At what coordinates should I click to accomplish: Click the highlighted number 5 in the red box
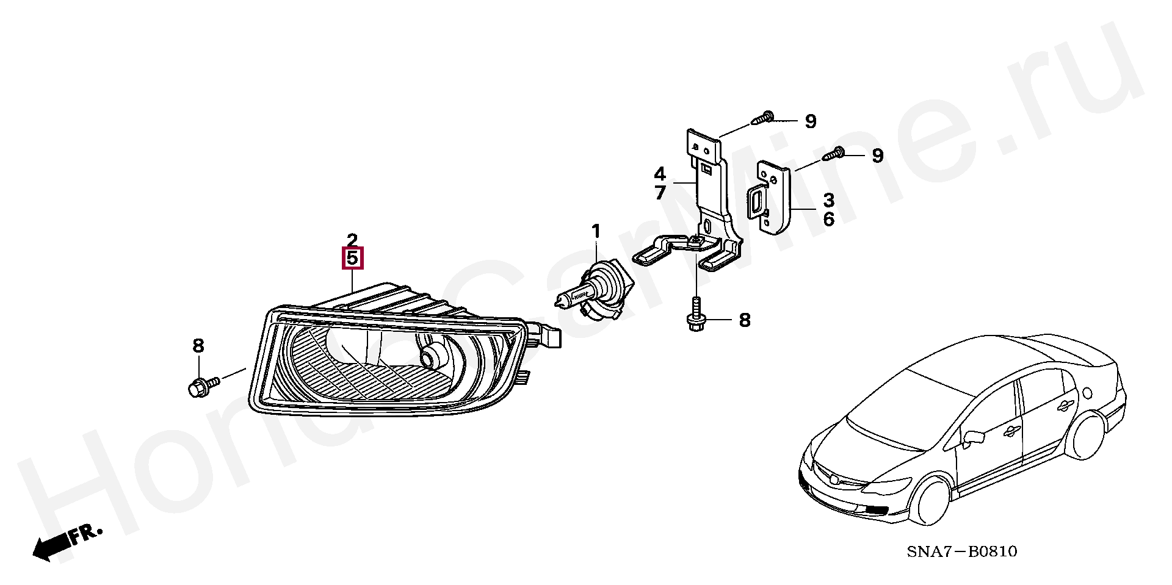352,258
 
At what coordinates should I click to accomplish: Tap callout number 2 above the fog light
352,239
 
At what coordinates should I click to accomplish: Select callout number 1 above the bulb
596,232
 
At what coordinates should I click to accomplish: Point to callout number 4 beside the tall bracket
660,173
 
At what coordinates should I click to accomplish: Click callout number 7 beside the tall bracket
660,193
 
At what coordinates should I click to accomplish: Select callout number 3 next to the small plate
828,200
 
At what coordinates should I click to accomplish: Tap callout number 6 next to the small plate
828,219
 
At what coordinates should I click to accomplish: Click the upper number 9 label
810,122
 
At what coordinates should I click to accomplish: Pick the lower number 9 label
877,156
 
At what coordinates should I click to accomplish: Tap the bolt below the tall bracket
696,317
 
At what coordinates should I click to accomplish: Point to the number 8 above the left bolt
198,346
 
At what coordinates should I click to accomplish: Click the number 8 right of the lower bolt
744,320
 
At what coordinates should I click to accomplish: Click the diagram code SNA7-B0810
961,552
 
